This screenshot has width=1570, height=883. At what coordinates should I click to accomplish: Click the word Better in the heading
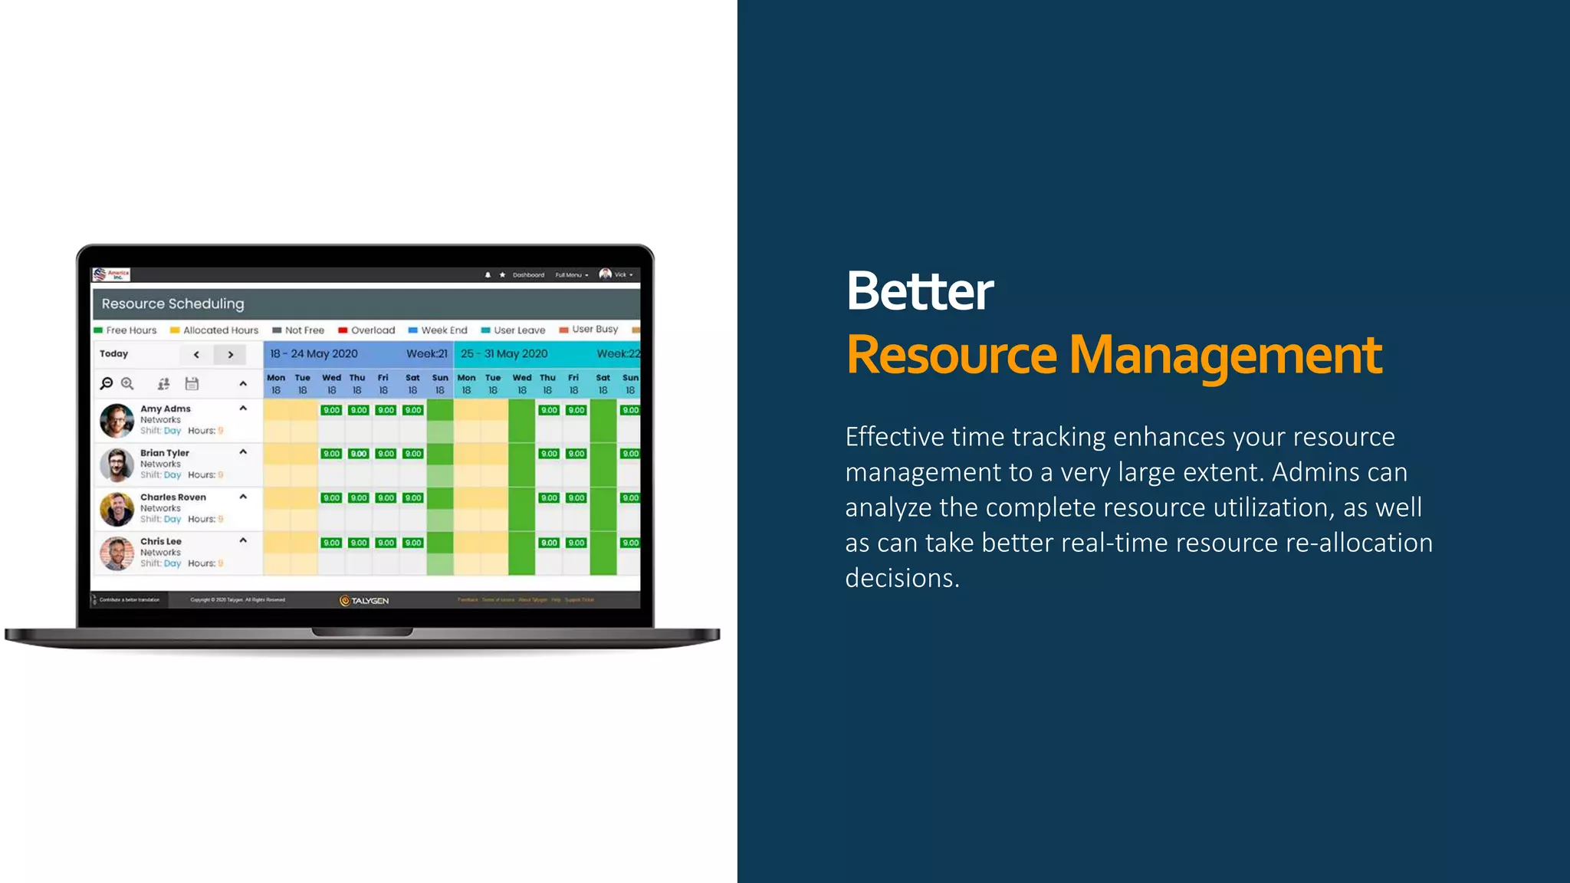point(919,291)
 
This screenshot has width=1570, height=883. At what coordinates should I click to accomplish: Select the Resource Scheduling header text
point(172,304)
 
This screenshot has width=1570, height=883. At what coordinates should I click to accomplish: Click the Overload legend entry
point(366,330)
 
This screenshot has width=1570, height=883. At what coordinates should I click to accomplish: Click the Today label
point(113,354)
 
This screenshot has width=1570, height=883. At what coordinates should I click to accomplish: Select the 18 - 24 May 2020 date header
point(314,354)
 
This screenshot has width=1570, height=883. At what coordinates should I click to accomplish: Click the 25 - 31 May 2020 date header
point(504,354)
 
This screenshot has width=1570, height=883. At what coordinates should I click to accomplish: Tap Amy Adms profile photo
point(117,420)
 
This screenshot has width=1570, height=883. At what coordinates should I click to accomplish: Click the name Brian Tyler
point(164,453)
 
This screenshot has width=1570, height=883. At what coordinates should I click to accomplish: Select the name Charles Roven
point(172,497)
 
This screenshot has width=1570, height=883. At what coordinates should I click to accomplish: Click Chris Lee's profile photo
point(117,553)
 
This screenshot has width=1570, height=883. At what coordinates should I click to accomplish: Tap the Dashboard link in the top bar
point(528,275)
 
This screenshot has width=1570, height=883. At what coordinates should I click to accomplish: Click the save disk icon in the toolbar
point(192,383)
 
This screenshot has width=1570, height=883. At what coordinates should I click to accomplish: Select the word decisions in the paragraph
point(902,579)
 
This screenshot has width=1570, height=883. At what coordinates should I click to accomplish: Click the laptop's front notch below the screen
point(362,632)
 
